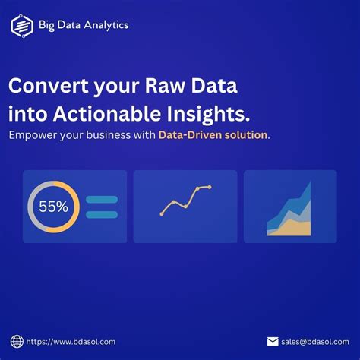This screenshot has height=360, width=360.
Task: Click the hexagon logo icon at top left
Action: pyautogui.click(x=22, y=26)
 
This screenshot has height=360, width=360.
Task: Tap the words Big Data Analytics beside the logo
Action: pyautogui.click(x=84, y=25)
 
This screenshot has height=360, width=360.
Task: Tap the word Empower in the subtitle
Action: pyautogui.click(x=33, y=135)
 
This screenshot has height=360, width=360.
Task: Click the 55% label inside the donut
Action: pyautogui.click(x=53, y=207)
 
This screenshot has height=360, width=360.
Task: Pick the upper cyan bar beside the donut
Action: pyautogui.click(x=102, y=200)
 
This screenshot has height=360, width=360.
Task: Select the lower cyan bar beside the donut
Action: pyautogui.click(x=102, y=214)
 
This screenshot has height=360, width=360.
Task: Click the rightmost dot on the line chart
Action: pyautogui.click(x=209, y=187)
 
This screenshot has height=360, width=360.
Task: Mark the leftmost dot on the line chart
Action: pyautogui.click(x=162, y=213)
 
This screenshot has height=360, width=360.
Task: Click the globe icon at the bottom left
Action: pyautogui.click(x=17, y=342)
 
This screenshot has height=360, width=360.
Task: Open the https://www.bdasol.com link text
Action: pyautogui.click(x=72, y=342)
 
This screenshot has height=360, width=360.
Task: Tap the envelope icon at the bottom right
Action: pyautogui.click(x=273, y=342)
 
